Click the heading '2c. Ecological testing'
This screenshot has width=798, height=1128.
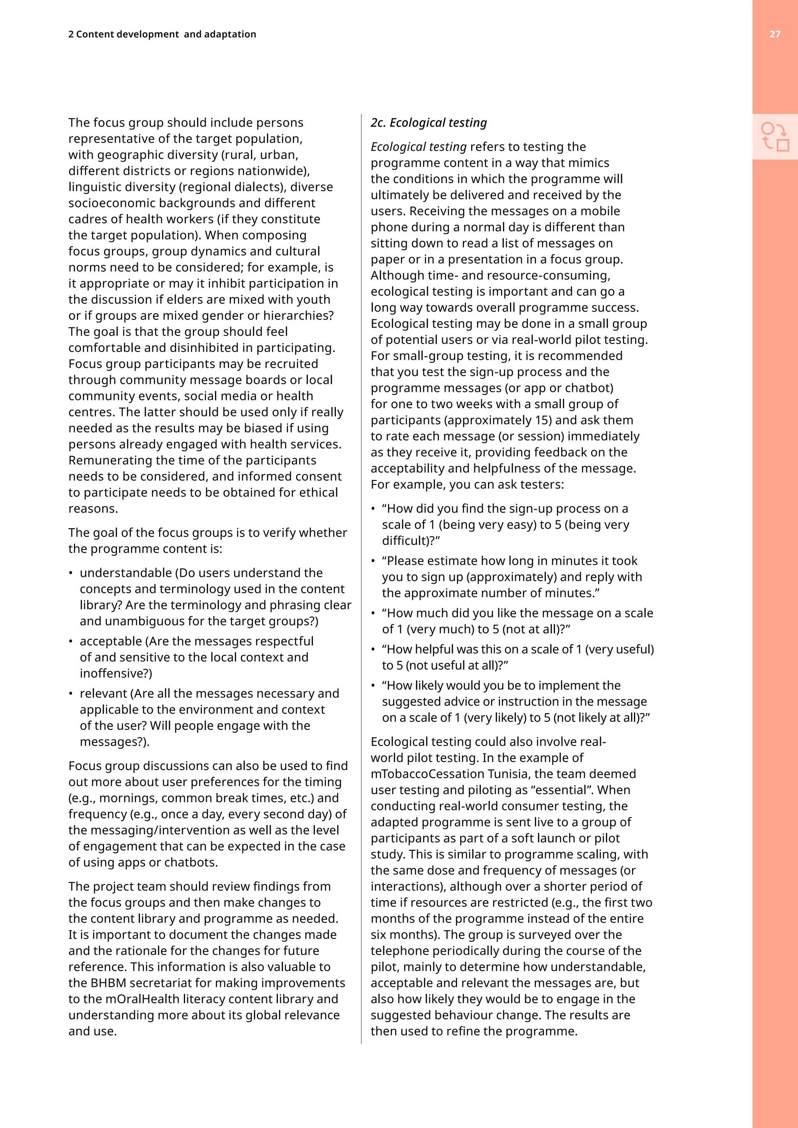pos(429,123)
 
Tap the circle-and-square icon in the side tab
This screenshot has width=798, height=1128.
pos(775,137)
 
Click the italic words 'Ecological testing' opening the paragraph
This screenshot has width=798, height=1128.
pos(418,147)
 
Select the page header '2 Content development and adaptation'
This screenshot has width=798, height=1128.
pos(162,34)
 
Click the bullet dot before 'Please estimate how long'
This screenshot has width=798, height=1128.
pos(373,561)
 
